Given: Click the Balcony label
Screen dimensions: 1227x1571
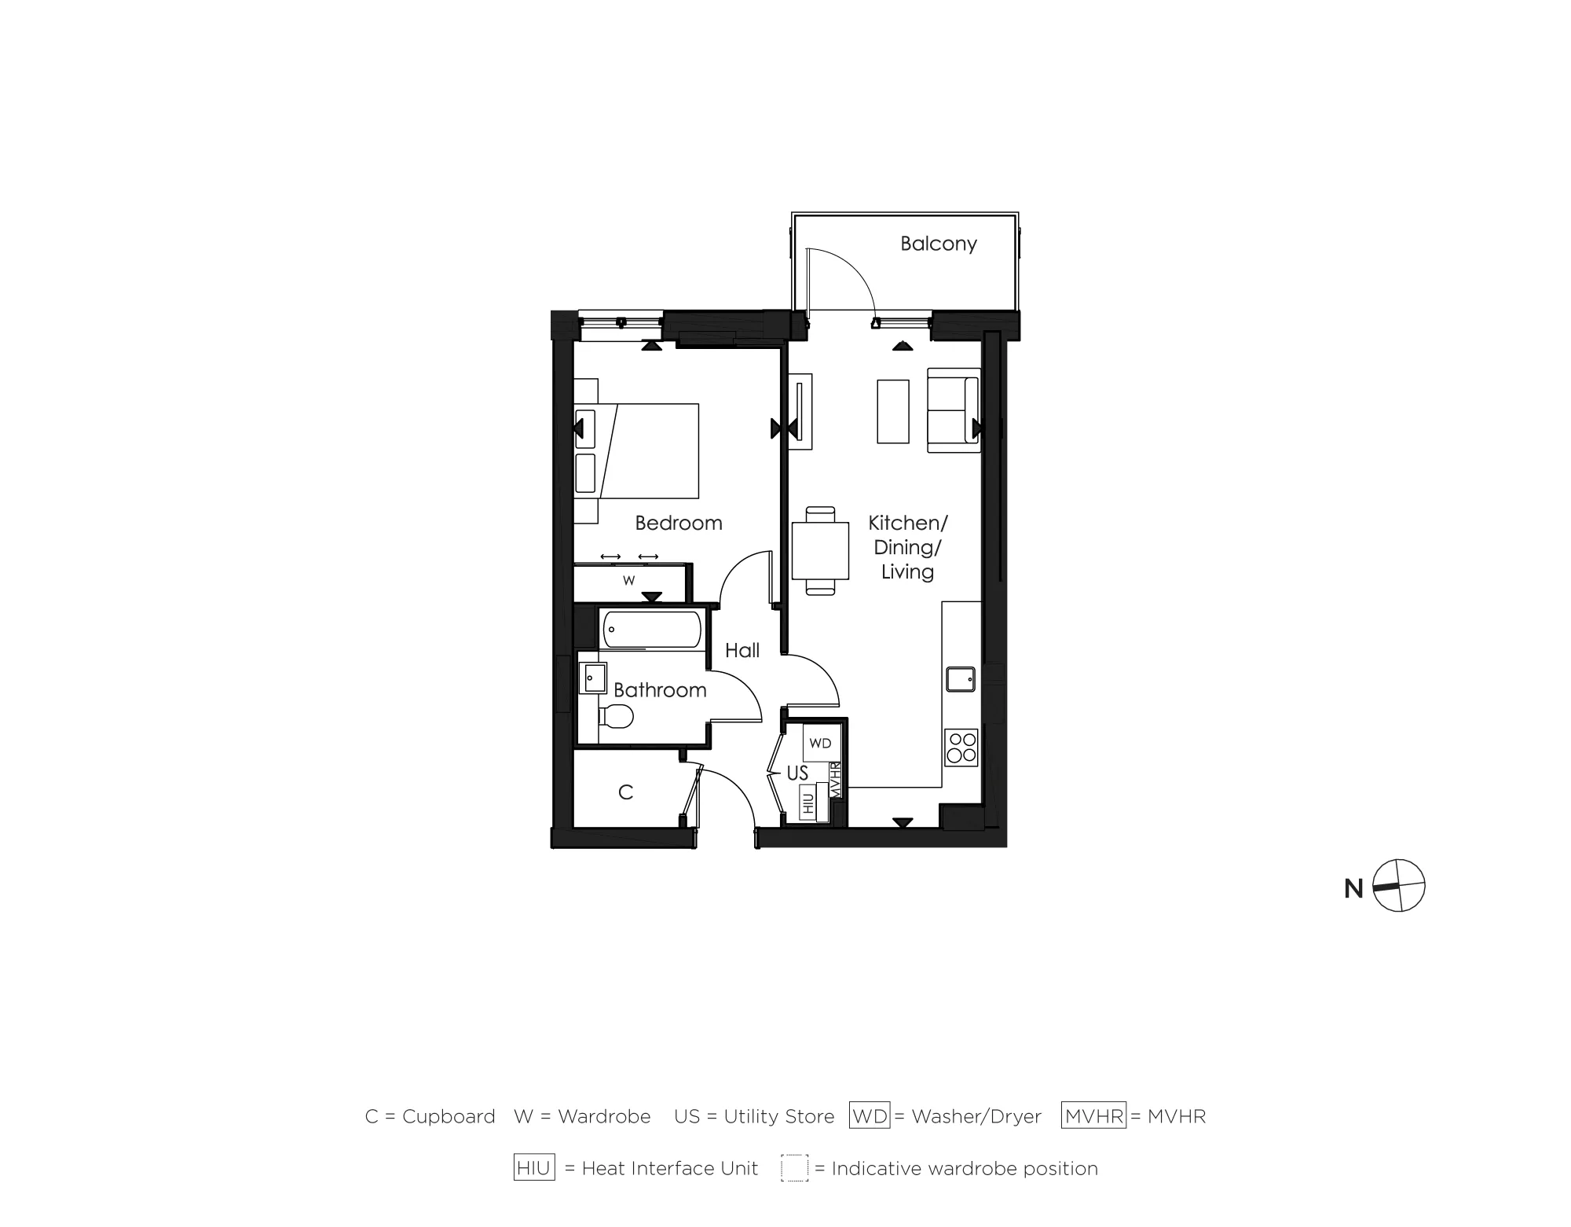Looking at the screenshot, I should click(x=938, y=244).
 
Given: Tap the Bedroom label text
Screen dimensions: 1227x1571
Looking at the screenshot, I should click(x=678, y=523).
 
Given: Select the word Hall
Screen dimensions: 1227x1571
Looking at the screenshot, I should click(x=742, y=650).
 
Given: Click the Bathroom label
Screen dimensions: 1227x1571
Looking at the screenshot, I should click(x=660, y=690).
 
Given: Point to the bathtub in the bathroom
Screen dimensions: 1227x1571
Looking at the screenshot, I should click(x=651, y=630).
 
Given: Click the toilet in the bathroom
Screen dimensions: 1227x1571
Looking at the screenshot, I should click(x=617, y=716).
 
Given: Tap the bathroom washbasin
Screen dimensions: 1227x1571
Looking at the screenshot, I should click(x=593, y=678).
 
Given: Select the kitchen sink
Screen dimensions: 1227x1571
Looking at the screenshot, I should click(x=960, y=678).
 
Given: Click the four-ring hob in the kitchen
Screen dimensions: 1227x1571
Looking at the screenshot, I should click(x=961, y=747).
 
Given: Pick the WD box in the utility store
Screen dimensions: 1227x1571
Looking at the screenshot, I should click(x=820, y=743).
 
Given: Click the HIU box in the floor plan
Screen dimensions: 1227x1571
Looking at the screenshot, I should click(x=807, y=803).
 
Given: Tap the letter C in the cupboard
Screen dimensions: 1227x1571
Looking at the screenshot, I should click(x=625, y=792).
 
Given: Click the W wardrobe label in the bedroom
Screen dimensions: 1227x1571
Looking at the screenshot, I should click(x=628, y=581).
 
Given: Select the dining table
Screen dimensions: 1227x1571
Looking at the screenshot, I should click(x=820, y=550).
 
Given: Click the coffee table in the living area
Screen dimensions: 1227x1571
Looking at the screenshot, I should click(x=892, y=411).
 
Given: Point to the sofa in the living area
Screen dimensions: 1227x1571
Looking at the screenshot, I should click(x=953, y=410).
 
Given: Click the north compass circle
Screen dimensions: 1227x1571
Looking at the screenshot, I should click(x=1398, y=886).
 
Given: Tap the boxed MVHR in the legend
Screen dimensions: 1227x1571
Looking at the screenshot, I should click(x=1093, y=1116).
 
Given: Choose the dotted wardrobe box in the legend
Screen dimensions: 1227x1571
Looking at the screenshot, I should click(x=794, y=1168).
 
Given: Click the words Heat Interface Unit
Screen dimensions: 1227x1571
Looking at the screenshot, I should click(x=669, y=1169).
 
